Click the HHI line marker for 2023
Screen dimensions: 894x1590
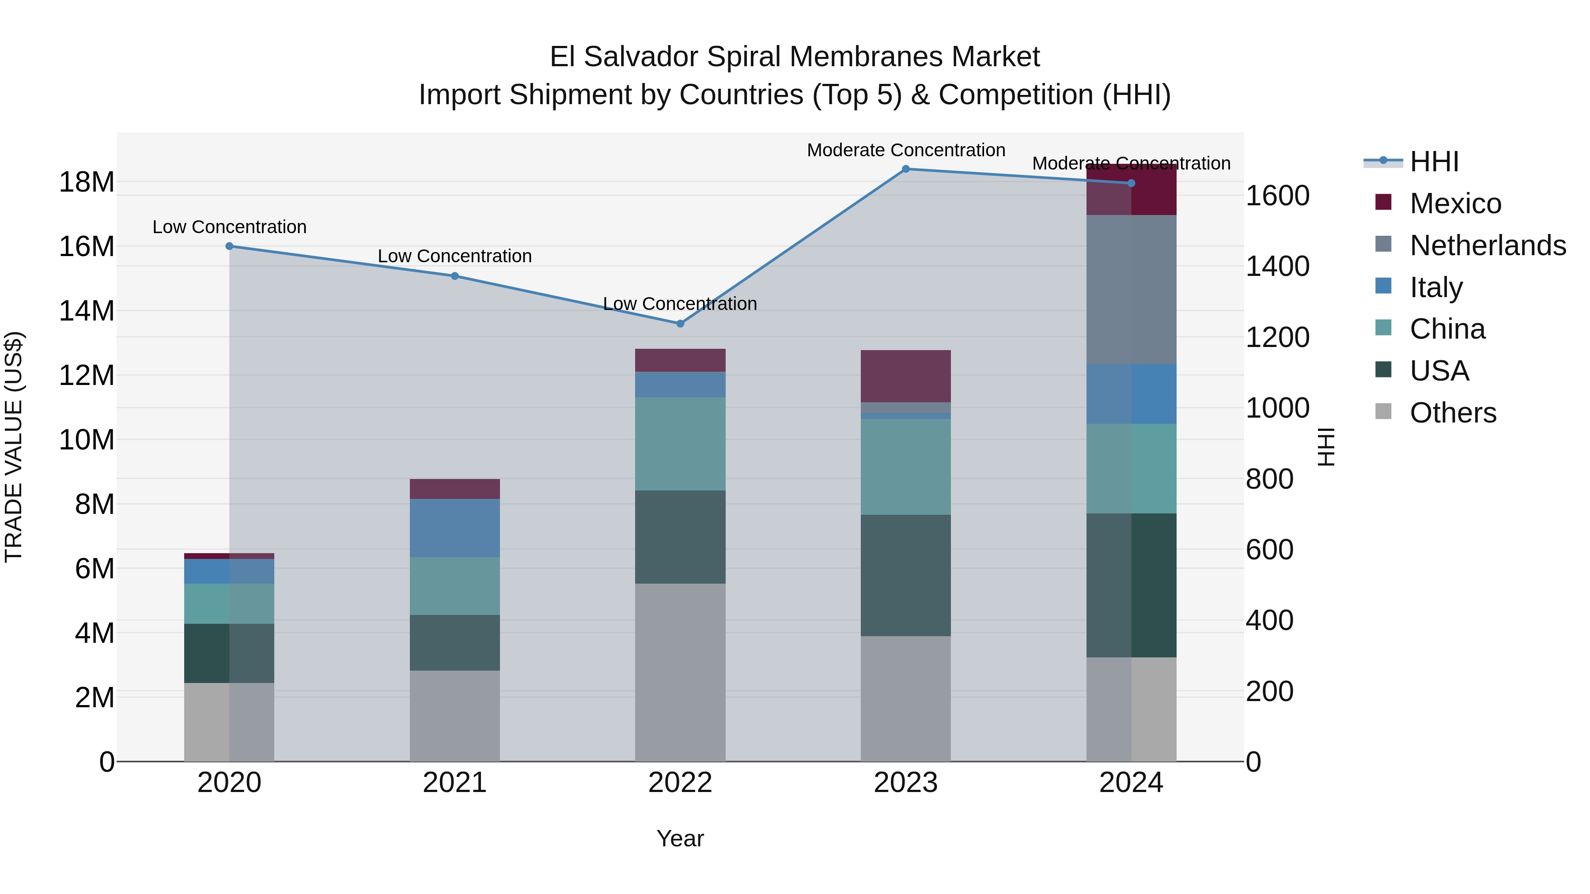tap(905, 169)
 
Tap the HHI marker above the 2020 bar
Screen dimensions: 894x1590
tap(230, 246)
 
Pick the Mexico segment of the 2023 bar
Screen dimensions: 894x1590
tap(905, 376)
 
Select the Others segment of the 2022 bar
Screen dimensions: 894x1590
tap(680, 672)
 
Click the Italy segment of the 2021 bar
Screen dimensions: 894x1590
tap(455, 528)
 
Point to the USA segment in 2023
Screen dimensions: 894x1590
tap(905, 576)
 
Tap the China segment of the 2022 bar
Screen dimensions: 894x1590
tap(680, 444)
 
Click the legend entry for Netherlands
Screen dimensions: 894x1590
tap(1488, 245)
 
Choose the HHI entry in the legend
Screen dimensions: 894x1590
tap(1434, 162)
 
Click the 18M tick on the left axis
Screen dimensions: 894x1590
tap(87, 183)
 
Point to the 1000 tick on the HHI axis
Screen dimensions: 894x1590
tap(1277, 408)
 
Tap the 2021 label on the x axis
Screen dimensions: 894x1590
tap(455, 783)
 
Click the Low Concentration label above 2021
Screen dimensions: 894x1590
tap(455, 256)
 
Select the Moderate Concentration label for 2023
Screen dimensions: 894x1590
tap(905, 150)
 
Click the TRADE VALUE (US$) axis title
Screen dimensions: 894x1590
tap(14, 447)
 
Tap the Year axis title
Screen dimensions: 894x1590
tap(680, 838)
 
